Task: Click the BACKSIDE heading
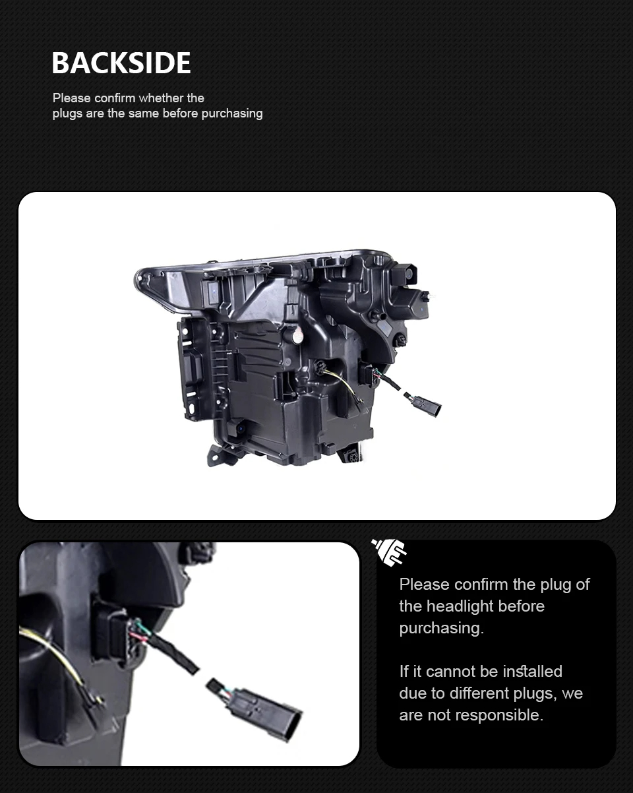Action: pos(121,63)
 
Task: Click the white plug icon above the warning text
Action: pos(389,552)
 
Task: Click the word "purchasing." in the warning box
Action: pos(441,628)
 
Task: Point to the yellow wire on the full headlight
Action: pos(342,379)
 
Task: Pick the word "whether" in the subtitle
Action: pos(162,98)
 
